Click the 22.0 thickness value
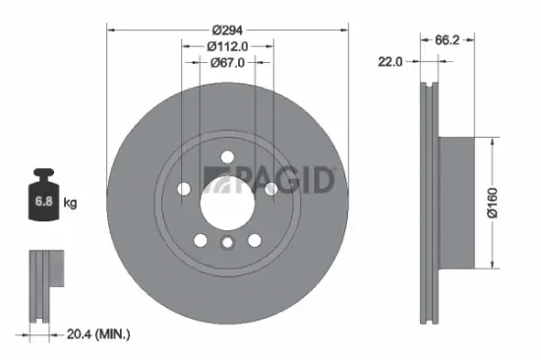coord(391,62)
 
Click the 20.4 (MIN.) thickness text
coord(96,334)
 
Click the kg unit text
coord(71,203)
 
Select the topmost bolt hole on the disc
coord(226,154)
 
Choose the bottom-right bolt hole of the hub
coord(255,241)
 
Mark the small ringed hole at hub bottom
coord(226,245)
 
